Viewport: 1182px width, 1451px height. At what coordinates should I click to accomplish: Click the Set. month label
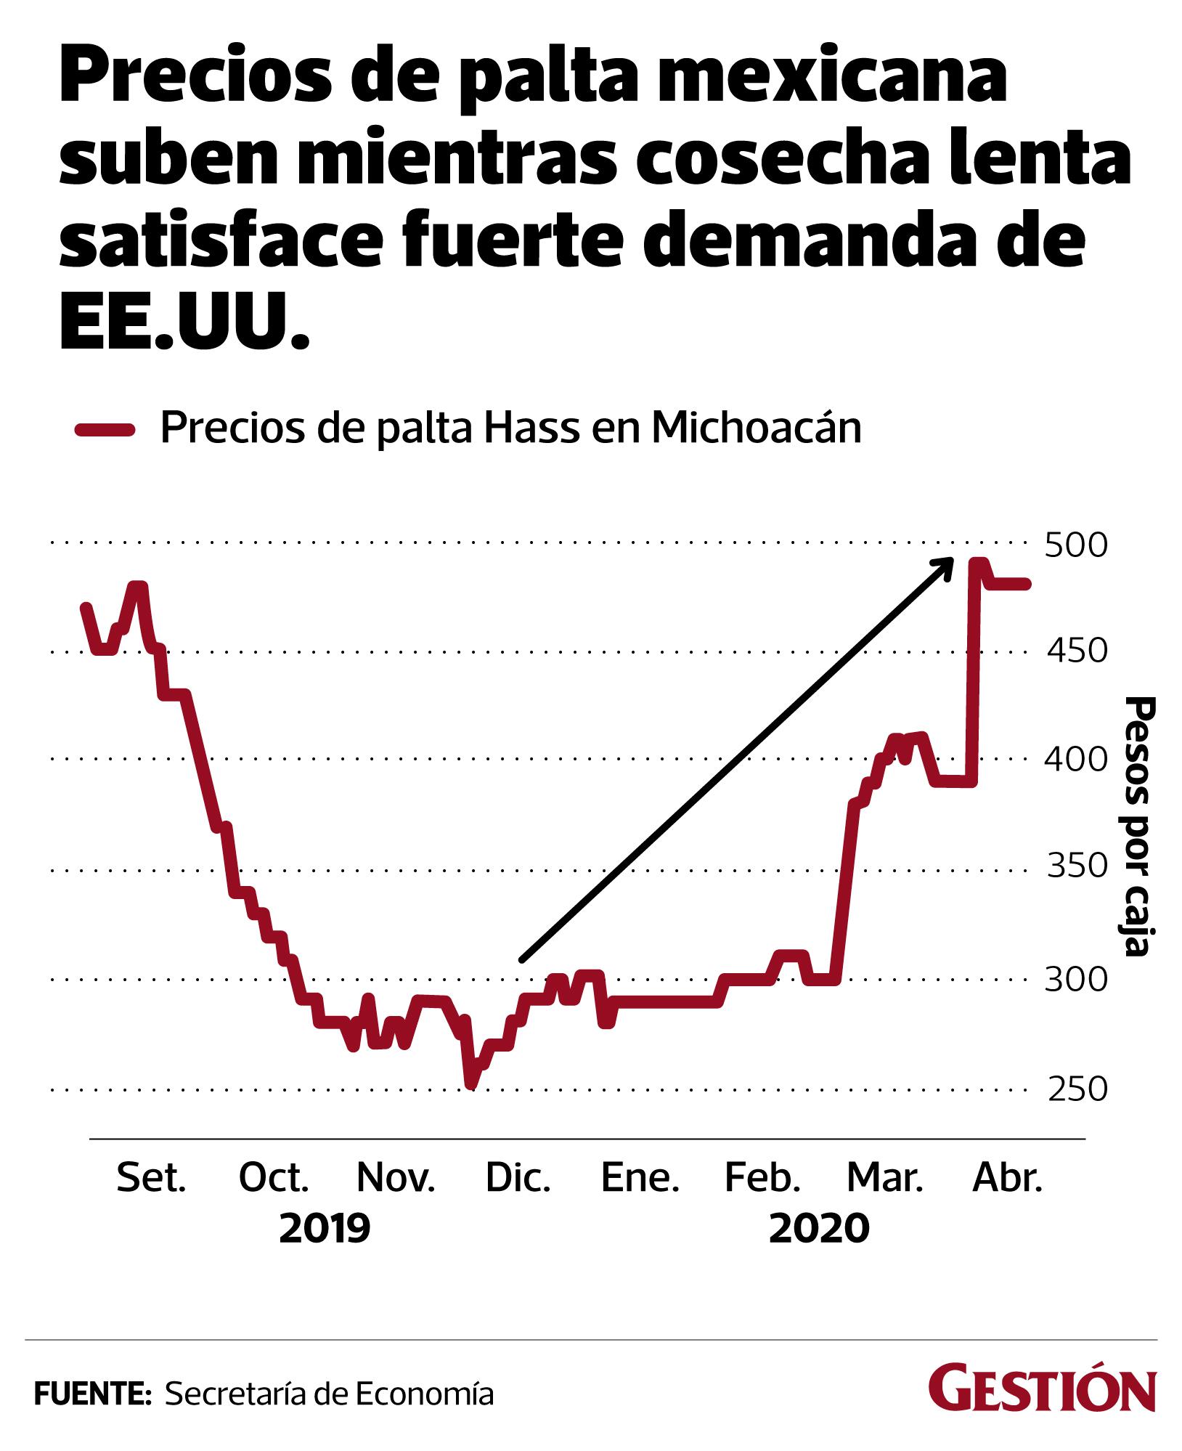click(x=152, y=1179)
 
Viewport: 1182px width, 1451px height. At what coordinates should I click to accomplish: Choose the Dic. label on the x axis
click(x=518, y=1179)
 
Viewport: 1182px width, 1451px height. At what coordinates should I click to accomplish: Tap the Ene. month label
click(x=640, y=1179)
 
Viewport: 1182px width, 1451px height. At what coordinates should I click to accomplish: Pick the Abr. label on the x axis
click(x=1007, y=1179)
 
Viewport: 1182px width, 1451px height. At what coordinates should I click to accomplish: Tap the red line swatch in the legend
click(x=105, y=429)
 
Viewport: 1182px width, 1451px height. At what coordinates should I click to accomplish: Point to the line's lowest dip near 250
click(x=471, y=1084)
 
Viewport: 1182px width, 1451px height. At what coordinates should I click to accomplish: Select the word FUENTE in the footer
click(x=91, y=1394)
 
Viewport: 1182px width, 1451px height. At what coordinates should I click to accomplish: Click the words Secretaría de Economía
click(x=330, y=1394)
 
